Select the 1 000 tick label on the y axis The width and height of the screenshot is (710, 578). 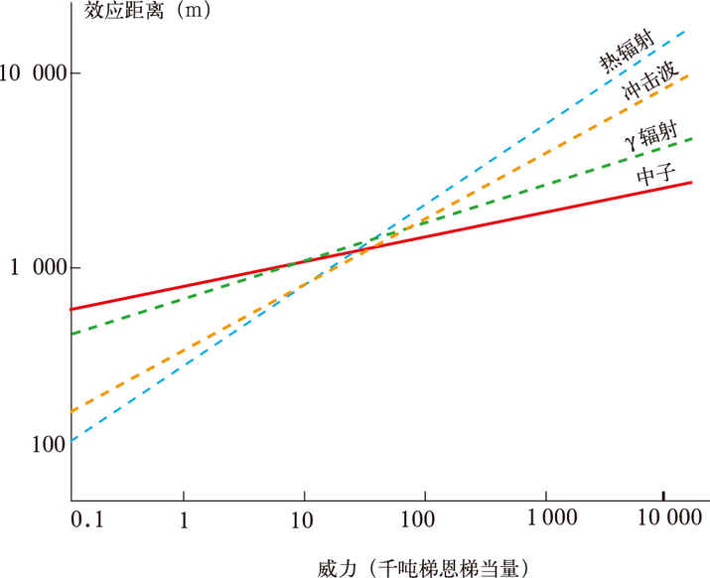pyautogui.click(x=37, y=268)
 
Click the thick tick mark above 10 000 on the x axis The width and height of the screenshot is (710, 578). pyautogui.click(x=663, y=495)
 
